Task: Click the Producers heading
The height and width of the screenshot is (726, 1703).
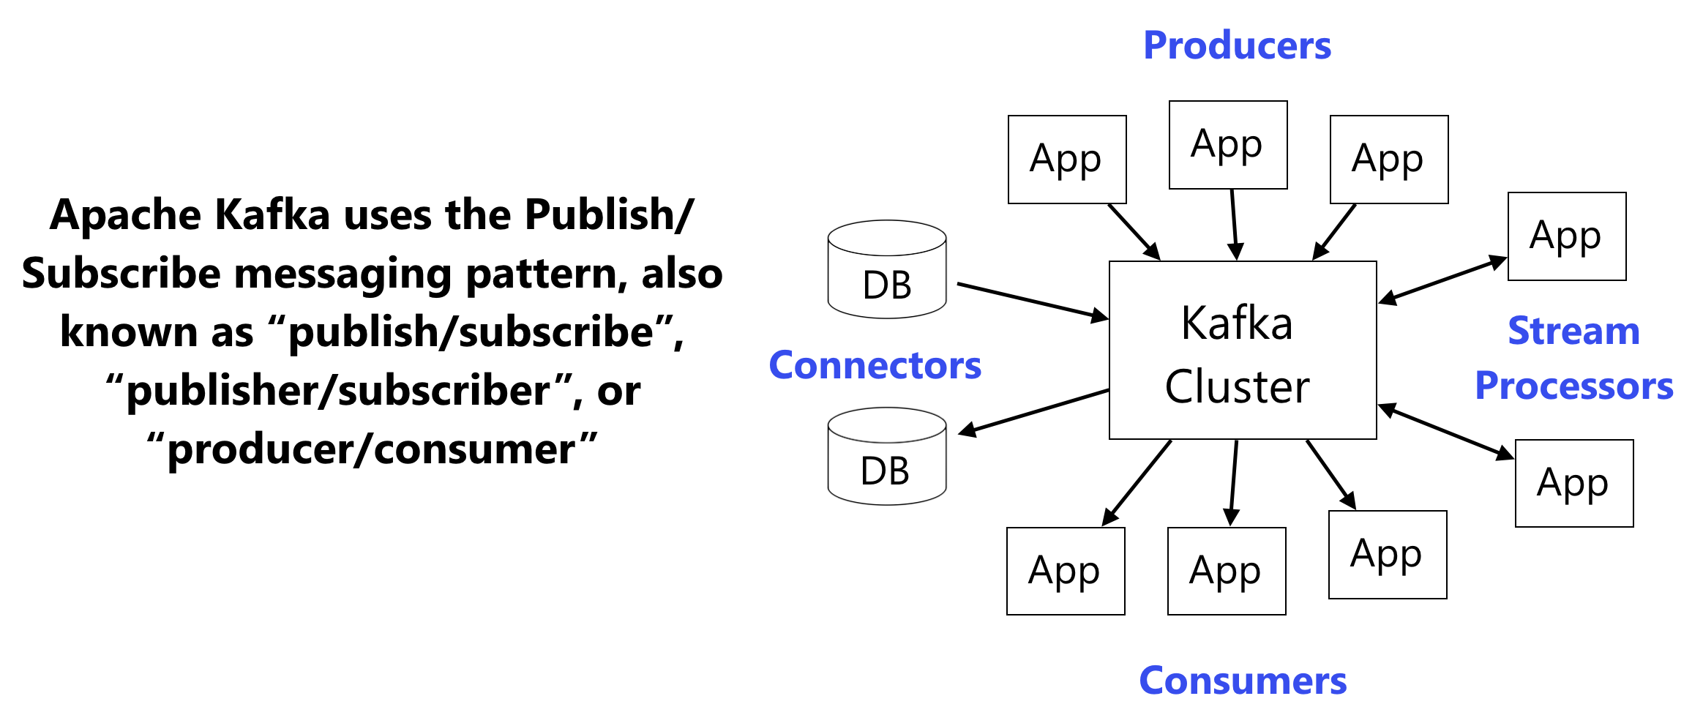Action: point(1237,45)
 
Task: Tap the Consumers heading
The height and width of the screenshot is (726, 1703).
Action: point(1243,681)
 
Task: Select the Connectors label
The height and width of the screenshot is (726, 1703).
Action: point(875,365)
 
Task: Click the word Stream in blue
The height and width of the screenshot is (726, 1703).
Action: point(1573,331)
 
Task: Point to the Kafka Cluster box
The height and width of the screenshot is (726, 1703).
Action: point(1242,350)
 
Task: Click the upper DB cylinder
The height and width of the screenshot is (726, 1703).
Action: point(887,269)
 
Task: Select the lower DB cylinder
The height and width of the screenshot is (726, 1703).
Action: point(887,457)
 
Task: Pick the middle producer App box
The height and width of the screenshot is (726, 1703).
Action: point(1227,145)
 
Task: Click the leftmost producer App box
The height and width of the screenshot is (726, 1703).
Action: point(1066,160)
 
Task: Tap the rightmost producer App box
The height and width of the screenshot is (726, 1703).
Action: point(1388,160)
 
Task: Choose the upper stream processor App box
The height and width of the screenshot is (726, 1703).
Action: point(1566,236)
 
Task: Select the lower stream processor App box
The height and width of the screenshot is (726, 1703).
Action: point(1573,483)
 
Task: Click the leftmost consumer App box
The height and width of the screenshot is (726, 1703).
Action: point(1065,571)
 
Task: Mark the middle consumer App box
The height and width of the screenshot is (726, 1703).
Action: point(1226,571)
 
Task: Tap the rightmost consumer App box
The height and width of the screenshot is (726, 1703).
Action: point(1387,554)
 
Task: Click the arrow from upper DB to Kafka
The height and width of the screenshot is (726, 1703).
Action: point(1032,301)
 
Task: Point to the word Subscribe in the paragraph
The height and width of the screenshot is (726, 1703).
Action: point(121,274)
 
